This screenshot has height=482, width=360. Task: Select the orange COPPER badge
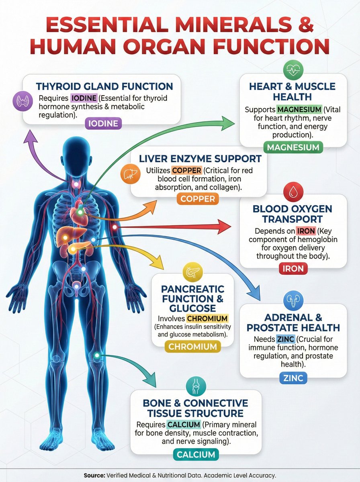(198, 198)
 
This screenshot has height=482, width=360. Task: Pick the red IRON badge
(293, 269)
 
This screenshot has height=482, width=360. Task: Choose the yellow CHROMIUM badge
(192, 346)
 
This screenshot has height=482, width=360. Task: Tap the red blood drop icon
(293, 192)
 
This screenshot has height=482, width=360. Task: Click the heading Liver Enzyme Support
(200, 159)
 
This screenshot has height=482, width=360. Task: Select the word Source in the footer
(94, 475)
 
